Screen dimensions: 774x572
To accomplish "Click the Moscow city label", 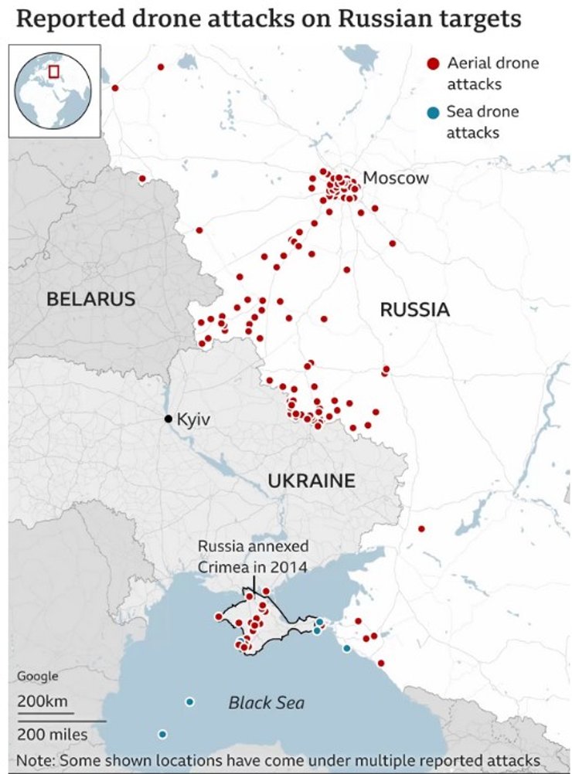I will point(395,178).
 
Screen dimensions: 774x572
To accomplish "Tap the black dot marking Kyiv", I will point(168,419).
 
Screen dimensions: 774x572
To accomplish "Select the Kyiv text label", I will point(194,419).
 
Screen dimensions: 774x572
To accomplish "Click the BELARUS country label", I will point(91,299).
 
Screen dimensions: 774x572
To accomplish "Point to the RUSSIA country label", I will point(414,310).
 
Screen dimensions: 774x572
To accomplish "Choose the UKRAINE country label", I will point(312,481).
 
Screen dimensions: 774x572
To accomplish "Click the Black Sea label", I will point(266,704).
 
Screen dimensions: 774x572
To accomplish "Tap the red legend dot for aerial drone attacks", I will point(433,64).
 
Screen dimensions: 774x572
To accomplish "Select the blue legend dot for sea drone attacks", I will point(433,113).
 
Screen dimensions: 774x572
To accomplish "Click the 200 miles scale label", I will point(53,734).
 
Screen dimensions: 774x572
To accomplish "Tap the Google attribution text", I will point(38,677).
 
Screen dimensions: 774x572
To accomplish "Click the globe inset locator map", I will point(53,90).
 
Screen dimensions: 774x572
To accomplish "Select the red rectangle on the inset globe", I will point(54,72).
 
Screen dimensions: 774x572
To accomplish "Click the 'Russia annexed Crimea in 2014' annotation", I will point(253,557).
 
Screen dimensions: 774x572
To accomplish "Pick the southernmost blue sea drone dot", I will point(162,734).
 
